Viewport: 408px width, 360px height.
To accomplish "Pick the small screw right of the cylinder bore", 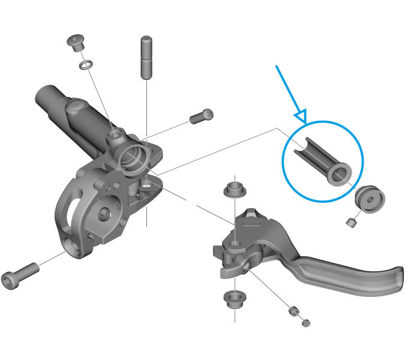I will pos(202,116).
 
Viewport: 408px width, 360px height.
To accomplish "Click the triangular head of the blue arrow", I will pos(300,115).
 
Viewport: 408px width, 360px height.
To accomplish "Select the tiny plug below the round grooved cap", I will pos(352,223).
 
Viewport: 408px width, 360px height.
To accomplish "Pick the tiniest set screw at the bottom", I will pos(306,323).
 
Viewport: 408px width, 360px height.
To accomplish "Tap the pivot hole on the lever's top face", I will pos(235,244).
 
